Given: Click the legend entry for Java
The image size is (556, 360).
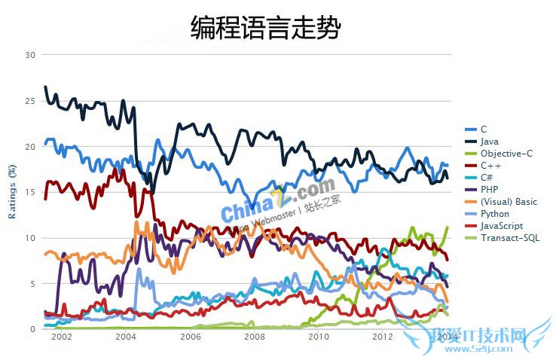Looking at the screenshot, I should (489, 142).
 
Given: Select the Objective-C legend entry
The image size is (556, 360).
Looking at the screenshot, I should (506, 154).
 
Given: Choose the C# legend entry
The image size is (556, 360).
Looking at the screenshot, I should (487, 178).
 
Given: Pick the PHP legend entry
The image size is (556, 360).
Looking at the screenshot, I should (489, 190).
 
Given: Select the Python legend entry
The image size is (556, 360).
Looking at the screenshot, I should (494, 214).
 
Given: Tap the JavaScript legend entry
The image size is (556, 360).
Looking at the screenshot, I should (501, 226).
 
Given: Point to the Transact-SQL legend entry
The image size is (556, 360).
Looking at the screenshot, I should (509, 238).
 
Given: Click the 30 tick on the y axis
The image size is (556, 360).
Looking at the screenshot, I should (30, 55).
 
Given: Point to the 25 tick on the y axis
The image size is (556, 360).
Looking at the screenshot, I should (30, 101).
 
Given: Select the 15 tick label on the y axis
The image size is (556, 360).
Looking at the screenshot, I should (30, 192).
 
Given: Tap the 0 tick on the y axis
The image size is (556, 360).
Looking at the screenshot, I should (32, 329).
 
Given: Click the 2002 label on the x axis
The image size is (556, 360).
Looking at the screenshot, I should (62, 337).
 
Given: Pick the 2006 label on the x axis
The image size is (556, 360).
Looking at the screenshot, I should (190, 337).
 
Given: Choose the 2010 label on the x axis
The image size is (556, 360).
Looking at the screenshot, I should (319, 337).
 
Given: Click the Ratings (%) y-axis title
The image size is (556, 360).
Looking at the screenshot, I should (12, 192).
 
